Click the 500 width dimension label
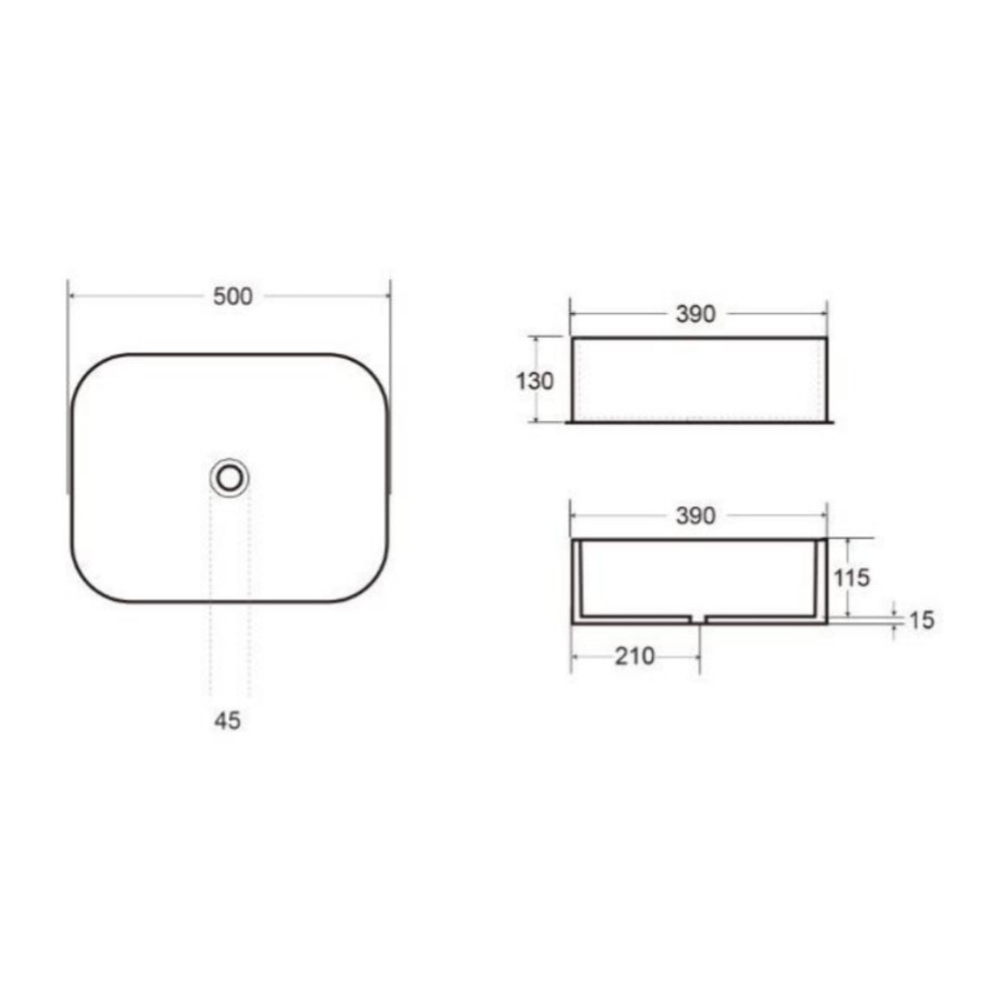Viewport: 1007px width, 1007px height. (x=232, y=296)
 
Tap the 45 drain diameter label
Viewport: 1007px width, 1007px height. (x=227, y=721)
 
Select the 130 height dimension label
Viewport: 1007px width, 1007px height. (x=535, y=381)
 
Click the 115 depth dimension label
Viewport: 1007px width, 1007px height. (x=852, y=577)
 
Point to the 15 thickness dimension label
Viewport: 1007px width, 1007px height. (x=921, y=620)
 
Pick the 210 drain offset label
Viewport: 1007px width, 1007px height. (x=634, y=657)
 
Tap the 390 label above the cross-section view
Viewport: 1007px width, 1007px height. (x=696, y=516)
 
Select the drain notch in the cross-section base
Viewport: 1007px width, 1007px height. (x=695, y=618)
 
